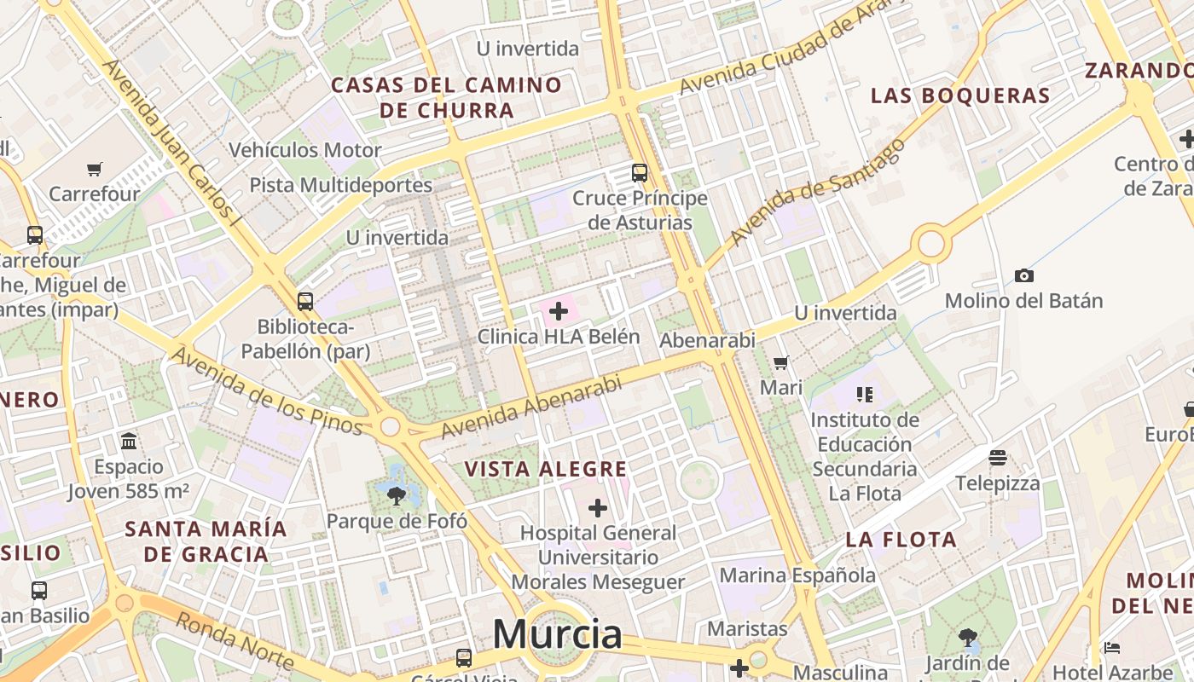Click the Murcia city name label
click(558, 634)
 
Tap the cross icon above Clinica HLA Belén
click(559, 311)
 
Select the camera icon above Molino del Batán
click(1024, 275)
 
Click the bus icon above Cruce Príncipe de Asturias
click(640, 173)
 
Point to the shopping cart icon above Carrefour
click(95, 169)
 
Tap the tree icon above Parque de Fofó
click(396, 495)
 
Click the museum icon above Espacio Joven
click(129, 441)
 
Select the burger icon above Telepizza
click(998, 458)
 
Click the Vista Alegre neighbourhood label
click(546, 469)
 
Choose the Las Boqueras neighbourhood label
click(960, 95)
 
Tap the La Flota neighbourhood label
click(901, 539)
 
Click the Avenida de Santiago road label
click(816, 192)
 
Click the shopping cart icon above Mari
click(780, 362)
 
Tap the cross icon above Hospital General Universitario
click(598, 508)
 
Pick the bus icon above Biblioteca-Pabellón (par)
click(305, 301)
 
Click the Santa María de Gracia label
click(206, 540)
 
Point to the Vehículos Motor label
click(304, 150)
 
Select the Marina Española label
click(797, 575)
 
